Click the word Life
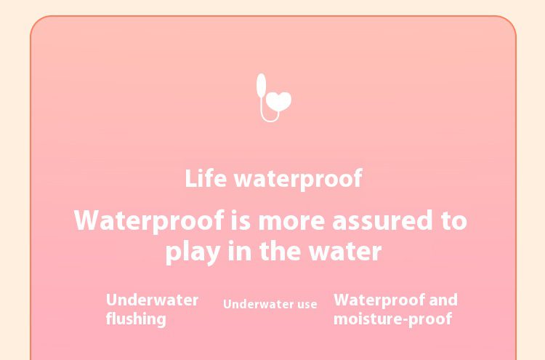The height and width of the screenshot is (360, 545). click(x=206, y=178)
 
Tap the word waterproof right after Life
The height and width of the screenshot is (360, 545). click(x=299, y=180)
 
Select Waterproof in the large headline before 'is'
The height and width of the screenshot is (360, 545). click(x=149, y=221)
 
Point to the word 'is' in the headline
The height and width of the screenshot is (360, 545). click(x=241, y=220)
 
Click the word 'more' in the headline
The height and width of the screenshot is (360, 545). click(x=292, y=222)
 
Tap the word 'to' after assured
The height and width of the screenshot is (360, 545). click(x=454, y=221)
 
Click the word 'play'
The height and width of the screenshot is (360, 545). click(x=193, y=252)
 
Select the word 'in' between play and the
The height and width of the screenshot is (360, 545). click(x=240, y=251)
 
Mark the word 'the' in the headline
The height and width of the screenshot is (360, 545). click(x=280, y=251)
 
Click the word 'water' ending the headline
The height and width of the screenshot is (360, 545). click(x=345, y=252)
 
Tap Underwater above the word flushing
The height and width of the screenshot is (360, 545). click(x=153, y=300)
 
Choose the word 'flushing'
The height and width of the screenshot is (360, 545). click(x=136, y=319)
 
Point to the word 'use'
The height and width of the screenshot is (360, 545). click(x=307, y=305)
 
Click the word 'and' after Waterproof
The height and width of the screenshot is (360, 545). click(x=443, y=300)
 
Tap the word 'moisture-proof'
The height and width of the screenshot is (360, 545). click(x=392, y=319)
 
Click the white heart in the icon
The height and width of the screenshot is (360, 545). click(x=279, y=101)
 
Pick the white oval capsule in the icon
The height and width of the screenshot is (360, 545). click(x=262, y=85)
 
